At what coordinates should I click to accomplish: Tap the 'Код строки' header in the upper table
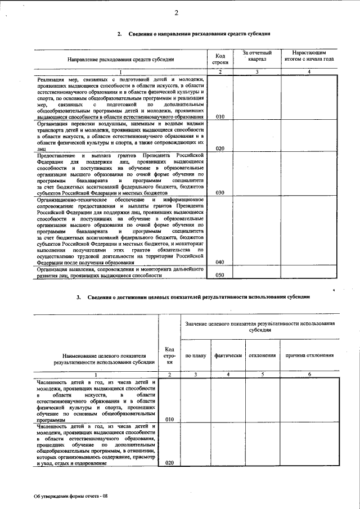point(220,59)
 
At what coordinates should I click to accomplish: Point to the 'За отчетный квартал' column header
point(256,55)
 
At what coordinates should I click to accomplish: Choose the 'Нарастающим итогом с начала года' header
point(309,55)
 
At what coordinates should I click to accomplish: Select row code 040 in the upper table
point(220,262)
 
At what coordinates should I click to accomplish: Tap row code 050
point(220,275)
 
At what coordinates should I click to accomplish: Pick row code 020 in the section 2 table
point(220,148)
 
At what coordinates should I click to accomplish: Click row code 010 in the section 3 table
point(169,420)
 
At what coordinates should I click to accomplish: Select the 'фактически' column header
point(228,355)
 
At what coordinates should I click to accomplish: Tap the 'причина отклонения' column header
point(309,355)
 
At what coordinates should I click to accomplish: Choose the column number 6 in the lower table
point(309,374)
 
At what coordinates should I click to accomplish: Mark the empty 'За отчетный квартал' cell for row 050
point(256,272)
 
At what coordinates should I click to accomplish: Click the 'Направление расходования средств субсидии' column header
point(120,59)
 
